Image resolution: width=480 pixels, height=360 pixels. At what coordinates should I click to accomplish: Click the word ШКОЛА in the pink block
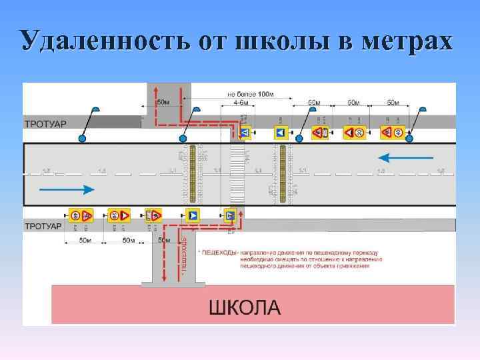[x=245, y=308]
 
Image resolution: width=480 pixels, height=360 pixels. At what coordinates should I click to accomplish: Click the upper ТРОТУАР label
[x=45, y=124]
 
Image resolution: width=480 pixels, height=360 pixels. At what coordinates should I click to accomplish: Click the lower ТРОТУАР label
[x=43, y=227]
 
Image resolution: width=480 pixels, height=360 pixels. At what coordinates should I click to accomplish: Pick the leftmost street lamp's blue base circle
[x=82, y=138]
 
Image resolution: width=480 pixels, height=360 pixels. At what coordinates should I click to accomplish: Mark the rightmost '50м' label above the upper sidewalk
[x=393, y=103]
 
